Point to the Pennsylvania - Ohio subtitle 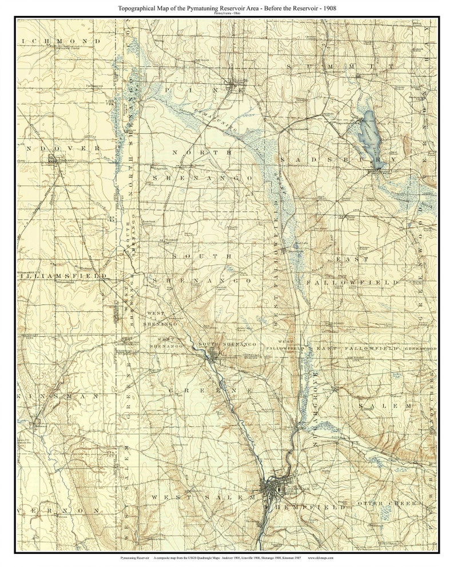coord(227,14)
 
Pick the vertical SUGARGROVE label coord(314,400)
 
